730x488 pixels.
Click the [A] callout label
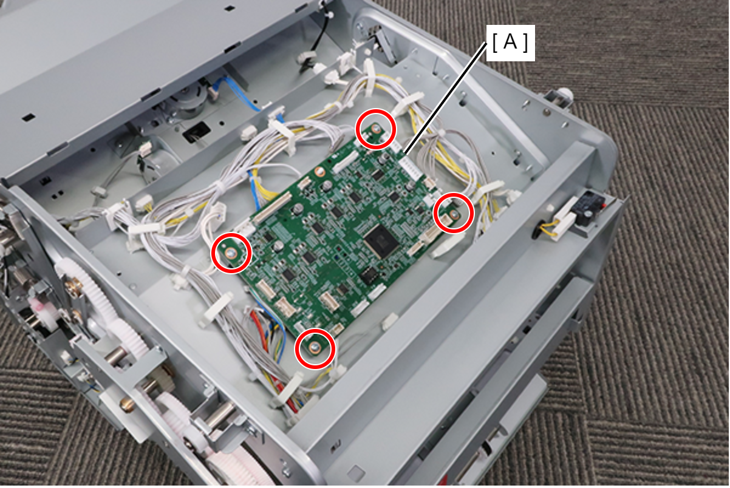click(x=510, y=42)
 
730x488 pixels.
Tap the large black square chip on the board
click(x=382, y=241)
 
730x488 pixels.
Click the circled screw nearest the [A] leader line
click(x=376, y=129)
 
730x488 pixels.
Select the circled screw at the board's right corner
click(x=453, y=214)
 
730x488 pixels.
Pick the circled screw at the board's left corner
click(x=231, y=252)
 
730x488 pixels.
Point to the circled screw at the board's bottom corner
click(x=315, y=348)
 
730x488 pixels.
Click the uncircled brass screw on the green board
click(x=321, y=171)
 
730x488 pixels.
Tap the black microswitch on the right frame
click(x=590, y=208)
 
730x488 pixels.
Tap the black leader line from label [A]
click(x=446, y=99)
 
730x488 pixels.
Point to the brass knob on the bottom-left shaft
click(x=127, y=405)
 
